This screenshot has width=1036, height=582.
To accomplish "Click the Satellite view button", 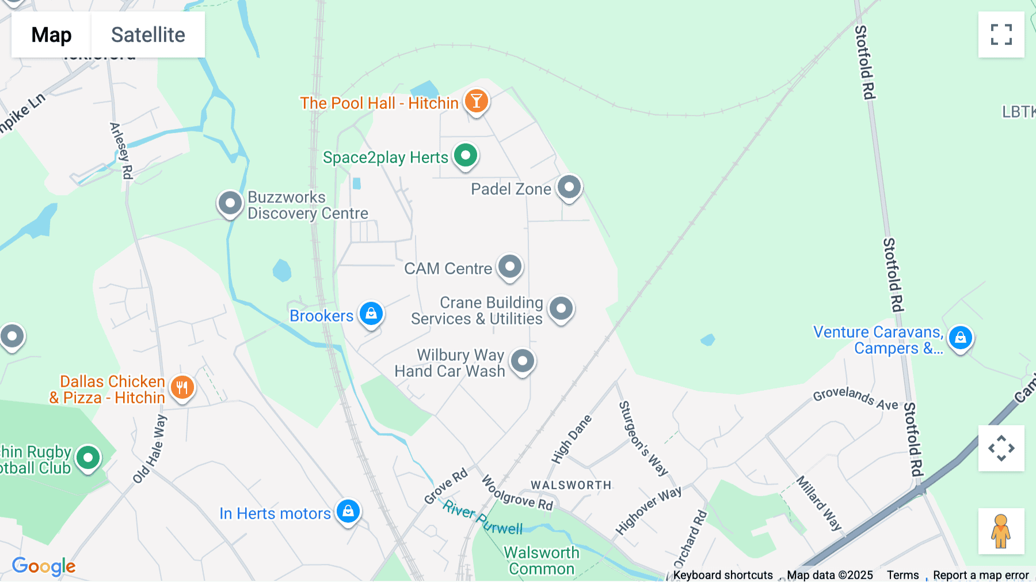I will click(x=148, y=35).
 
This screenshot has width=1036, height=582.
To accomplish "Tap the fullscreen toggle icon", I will click(x=1001, y=35).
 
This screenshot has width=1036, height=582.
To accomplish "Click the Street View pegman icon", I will click(x=1001, y=531).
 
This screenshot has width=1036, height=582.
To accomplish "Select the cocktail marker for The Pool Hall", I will click(x=476, y=101).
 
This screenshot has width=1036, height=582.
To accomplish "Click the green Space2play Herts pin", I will click(x=465, y=155).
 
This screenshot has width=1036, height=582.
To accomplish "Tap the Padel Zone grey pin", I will click(x=569, y=187).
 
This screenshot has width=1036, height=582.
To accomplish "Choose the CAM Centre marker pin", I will click(x=509, y=266).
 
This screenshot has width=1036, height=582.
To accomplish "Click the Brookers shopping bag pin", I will click(x=371, y=313).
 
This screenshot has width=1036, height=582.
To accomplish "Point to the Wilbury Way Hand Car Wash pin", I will click(x=523, y=361).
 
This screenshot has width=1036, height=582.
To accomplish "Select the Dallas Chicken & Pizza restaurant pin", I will click(x=182, y=387).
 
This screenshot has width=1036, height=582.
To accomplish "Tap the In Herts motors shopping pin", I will click(x=348, y=511).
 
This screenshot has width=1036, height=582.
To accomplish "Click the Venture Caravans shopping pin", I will click(x=960, y=338).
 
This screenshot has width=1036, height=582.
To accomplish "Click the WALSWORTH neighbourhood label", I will click(x=571, y=485).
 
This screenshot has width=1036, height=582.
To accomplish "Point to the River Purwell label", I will click(x=482, y=517).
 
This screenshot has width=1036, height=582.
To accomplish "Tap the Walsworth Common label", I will click(x=542, y=561).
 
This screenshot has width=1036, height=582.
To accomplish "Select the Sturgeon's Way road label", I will click(x=643, y=438).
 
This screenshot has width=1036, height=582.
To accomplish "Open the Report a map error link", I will click(x=981, y=575).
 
